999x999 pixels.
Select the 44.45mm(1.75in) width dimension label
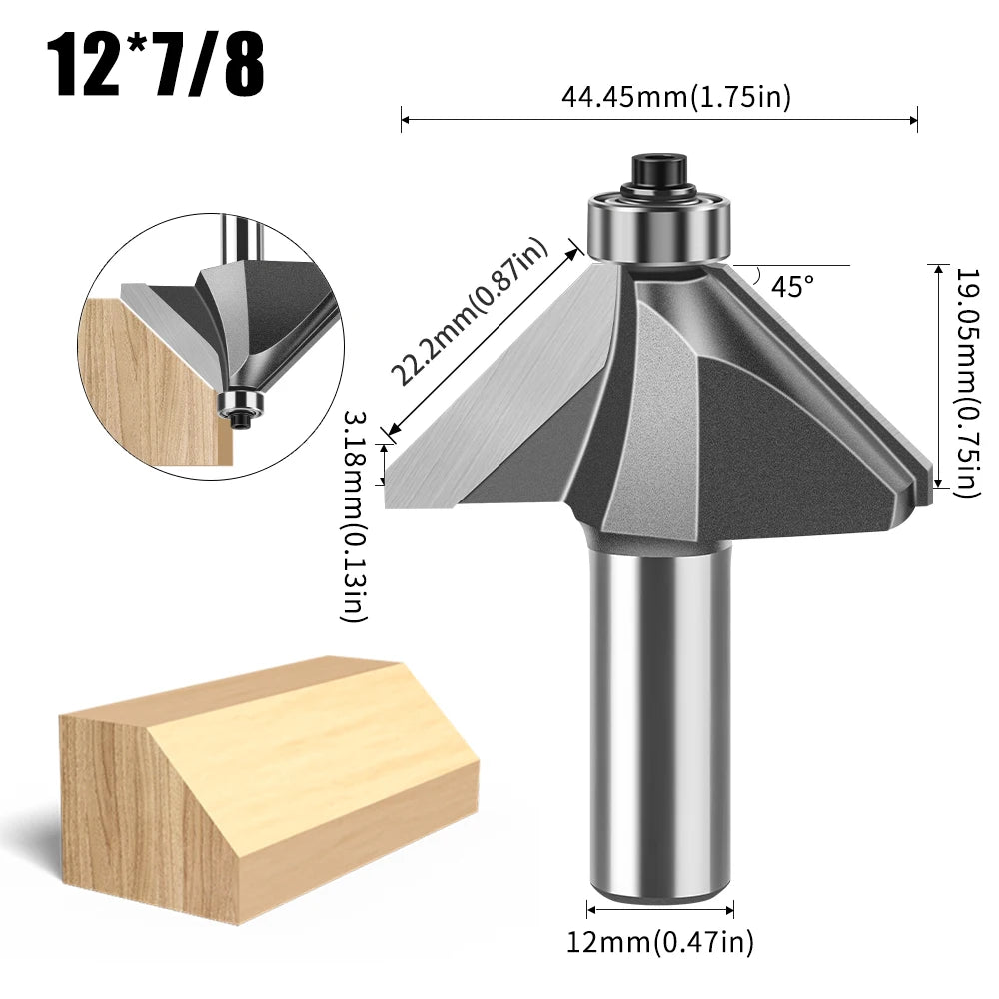pos(676,97)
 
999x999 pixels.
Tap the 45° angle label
pos(793,287)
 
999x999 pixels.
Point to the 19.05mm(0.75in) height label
pos(965,380)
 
